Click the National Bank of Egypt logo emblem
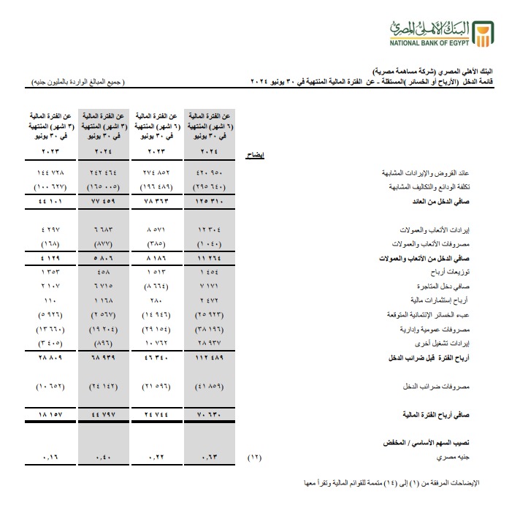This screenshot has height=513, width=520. coord(482,32)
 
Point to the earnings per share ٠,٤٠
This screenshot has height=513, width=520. coord(104,457)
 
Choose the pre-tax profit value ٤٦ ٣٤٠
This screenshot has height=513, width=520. coord(158,357)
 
